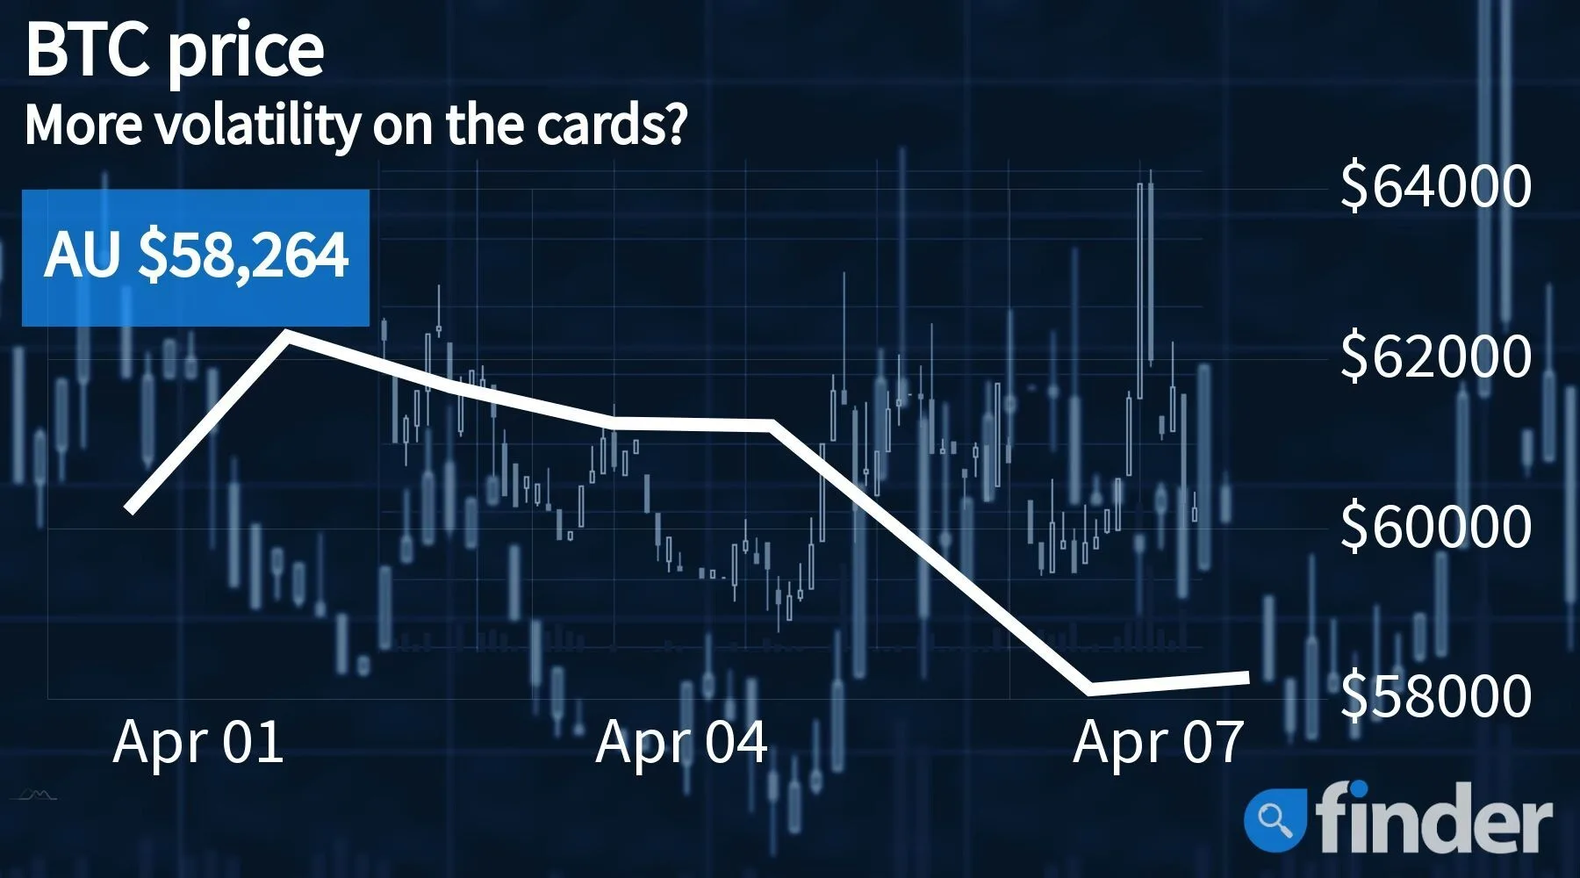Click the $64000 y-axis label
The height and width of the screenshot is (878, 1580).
[1436, 185]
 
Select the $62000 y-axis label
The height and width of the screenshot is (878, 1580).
[1436, 356]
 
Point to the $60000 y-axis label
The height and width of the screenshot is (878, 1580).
[1436, 525]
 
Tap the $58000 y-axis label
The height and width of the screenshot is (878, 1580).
[1436, 694]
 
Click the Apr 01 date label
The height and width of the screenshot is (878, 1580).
[198, 742]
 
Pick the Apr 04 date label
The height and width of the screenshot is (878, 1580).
[681, 742]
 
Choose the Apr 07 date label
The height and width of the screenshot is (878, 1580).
[1159, 742]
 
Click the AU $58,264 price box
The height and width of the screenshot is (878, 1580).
[196, 257]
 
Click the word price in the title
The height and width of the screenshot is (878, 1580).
[246, 54]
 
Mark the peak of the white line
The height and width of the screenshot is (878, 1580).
[289, 334]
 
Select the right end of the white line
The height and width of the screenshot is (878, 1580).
[1247, 677]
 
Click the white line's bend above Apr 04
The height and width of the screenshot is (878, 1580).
[771, 426]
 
